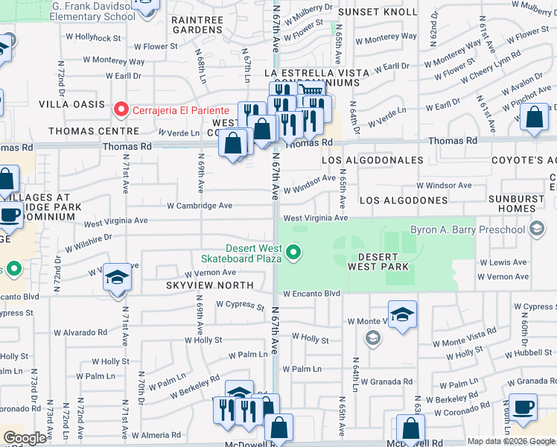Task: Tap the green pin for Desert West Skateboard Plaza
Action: pos(294,253)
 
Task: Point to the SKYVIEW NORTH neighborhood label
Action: pos(209,286)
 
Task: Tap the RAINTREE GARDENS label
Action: pos(198,25)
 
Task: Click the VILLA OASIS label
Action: pos(72,104)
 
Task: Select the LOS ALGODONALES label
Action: pos(373,160)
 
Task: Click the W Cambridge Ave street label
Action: pos(200,206)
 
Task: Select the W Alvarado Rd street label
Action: pos(75,332)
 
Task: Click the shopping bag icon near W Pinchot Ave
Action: pos(535,118)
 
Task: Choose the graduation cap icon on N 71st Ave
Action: pos(118,279)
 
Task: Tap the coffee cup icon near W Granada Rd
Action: pos(523,407)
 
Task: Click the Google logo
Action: pos(25,438)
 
